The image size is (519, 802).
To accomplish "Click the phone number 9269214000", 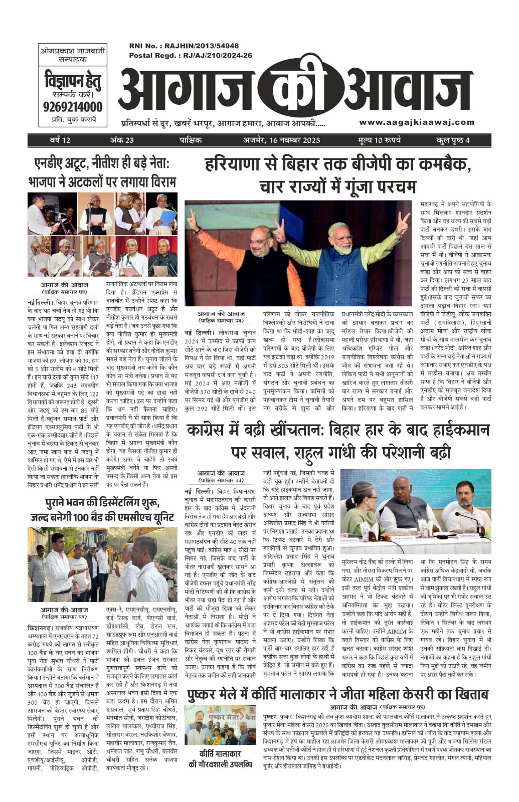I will click(x=73, y=107).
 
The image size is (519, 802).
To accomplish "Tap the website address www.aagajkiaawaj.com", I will click(x=416, y=122).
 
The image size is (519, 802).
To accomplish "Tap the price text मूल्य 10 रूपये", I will click(x=380, y=140).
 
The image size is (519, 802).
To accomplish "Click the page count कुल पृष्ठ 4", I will click(x=452, y=140).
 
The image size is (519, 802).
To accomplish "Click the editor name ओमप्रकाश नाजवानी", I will click(x=72, y=51).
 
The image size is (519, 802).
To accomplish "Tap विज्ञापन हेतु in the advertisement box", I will click(x=73, y=80).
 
